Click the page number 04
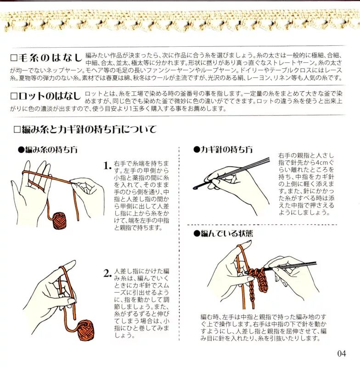342,353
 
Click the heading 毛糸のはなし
50,58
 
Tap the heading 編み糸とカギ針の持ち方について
89,129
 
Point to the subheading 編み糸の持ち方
51,150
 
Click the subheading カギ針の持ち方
226,150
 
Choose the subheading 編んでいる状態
227,234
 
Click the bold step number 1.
107,166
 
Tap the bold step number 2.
107,273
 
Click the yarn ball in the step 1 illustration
59,221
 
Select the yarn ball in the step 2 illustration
85,331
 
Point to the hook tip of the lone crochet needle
195,188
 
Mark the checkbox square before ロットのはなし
14,96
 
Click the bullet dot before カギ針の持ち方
196,150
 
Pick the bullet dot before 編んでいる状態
196,234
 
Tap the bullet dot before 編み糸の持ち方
21,150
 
